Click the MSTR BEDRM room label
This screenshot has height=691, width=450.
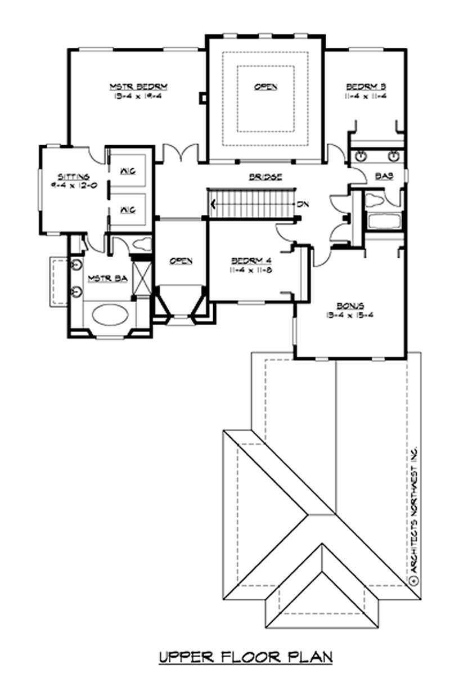tap(139, 86)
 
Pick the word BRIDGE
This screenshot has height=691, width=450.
tap(265, 177)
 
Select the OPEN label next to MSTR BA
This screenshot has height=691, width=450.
tap(181, 261)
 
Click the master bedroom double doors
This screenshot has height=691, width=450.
tap(181, 154)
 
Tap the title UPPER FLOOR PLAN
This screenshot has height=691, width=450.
tap(246, 657)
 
